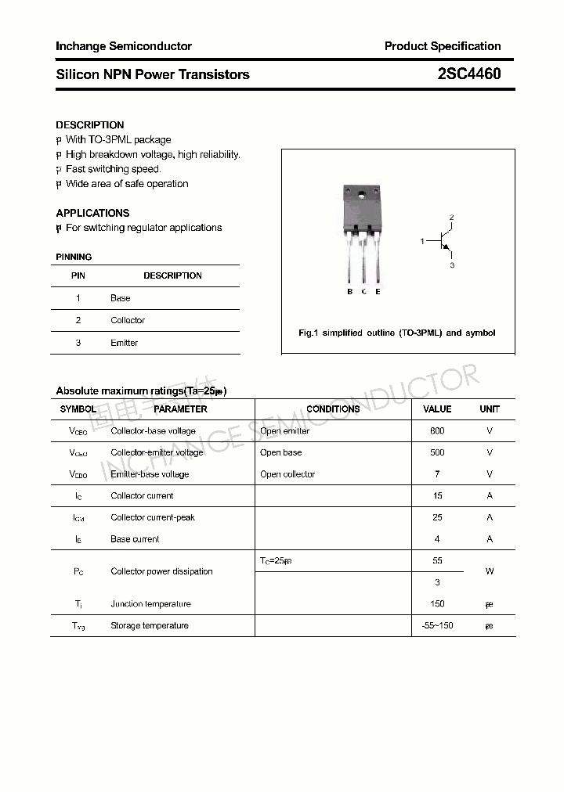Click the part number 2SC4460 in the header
469,74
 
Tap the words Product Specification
443,46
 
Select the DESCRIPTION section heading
90,125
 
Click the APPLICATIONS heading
92,213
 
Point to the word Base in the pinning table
121,298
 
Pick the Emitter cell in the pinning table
124,343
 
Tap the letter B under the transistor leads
349,292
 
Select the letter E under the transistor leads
378,292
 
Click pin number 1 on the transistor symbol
421,242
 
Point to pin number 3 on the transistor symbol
452,265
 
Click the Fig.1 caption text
397,333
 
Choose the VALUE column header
437,409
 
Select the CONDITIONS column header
333,409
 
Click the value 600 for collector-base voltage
437,431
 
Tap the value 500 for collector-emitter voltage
437,452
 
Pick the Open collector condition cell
287,474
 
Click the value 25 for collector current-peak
437,517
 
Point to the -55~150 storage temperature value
437,625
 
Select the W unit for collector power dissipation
490,571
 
